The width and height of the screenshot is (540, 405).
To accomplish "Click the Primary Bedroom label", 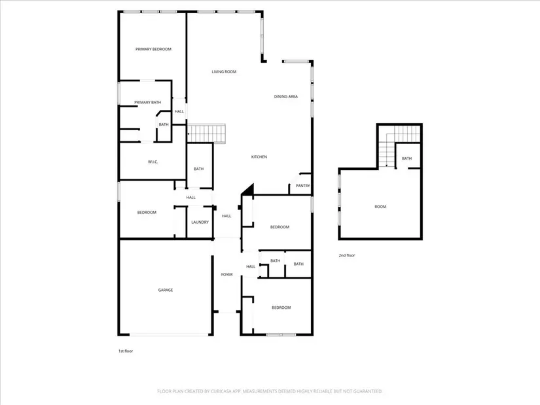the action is click(153, 49).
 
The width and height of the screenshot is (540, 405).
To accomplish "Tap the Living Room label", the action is click(224, 71).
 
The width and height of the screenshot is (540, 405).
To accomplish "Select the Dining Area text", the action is click(286, 96).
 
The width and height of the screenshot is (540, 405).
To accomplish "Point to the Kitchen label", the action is click(259, 156).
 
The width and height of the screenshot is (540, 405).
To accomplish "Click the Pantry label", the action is click(302, 186).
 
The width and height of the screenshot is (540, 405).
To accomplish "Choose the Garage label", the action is click(166, 290).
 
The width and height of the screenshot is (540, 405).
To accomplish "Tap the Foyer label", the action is click(226, 275).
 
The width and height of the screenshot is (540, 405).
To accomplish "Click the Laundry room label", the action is click(200, 222).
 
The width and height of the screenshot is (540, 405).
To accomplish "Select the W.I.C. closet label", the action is click(153, 162).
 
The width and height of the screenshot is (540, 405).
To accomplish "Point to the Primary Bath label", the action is click(147, 102).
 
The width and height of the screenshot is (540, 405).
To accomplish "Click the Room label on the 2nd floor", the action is click(380, 207).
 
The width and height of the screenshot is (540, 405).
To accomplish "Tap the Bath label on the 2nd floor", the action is click(406, 158).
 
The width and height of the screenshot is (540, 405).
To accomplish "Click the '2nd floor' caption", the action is click(347, 255).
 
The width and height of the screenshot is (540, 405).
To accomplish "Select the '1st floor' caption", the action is click(126, 351).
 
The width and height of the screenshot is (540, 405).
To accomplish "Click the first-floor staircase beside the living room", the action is click(206, 133).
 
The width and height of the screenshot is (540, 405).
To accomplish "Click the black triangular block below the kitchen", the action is click(248, 189).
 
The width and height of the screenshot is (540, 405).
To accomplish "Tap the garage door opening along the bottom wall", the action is click(169, 334).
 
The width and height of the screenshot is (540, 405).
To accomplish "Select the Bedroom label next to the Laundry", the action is click(147, 213).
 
